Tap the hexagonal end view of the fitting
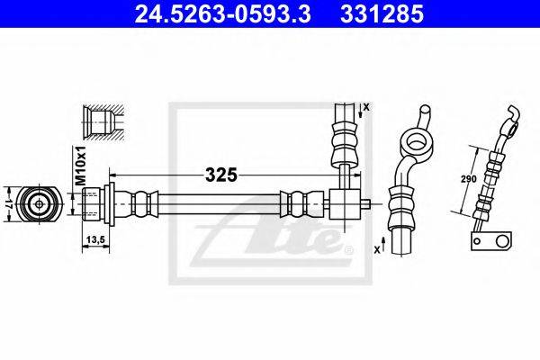coord(40,203)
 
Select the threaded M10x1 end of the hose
coord(91,203)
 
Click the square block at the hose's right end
coord(345,202)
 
